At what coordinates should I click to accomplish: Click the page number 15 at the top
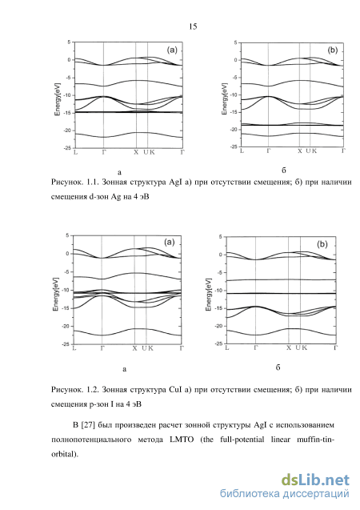(x=193, y=26)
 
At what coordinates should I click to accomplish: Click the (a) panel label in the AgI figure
(x=172, y=50)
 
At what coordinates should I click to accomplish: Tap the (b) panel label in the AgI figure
(x=333, y=50)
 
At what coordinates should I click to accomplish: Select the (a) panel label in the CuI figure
(x=170, y=242)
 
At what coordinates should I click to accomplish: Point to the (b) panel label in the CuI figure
(x=322, y=244)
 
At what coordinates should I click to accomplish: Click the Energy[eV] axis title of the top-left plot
(x=58, y=99)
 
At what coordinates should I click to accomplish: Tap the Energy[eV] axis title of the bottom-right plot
(x=209, y=295)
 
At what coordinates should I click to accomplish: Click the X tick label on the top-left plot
(x=136, y=152)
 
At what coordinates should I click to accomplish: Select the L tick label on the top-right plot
(x=242, y=151)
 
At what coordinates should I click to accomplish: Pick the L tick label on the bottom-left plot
(x=74, y=348)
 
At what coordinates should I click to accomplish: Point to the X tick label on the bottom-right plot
(x=289, y=347)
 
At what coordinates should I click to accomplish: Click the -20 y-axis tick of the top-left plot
(x=67, y=131)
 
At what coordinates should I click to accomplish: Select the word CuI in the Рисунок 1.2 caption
(x=175, y=390)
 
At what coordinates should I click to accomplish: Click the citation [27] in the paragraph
(x=87, y=425)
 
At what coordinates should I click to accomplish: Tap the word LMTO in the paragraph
(x=182, y=440)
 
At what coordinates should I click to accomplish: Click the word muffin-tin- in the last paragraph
(x=316, y=440)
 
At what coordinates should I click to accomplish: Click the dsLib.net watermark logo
(x=315, y=480)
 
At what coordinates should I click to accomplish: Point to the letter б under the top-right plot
(x=284, y=171)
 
